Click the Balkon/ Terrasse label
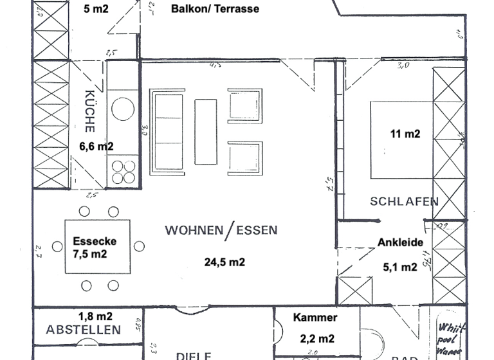tap(215, 9)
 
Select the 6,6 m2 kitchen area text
tap(96, 147)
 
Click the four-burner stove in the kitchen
tap(123, 172)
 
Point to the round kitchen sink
tap(123, 108)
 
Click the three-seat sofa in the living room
tap(167, 132)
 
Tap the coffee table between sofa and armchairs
tap(206, 132)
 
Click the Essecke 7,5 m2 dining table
tap(99, 247)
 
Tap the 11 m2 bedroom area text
tap(405, 134)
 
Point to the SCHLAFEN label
tap(404, 201)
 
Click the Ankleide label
tap(400, 242)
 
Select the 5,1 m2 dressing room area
tap(399, 267)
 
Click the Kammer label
tap(315, 318)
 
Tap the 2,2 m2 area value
tap(317, 338)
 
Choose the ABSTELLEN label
tap(84, 330)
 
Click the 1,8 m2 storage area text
tap(95, 316)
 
